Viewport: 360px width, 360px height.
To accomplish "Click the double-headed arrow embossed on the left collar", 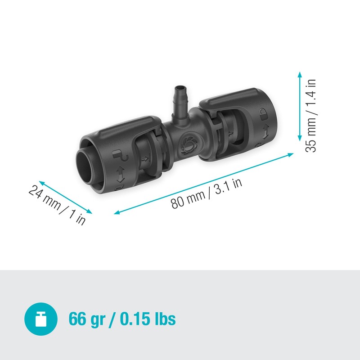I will point(121,174).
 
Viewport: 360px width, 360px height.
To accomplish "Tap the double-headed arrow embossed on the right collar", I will point(265,132).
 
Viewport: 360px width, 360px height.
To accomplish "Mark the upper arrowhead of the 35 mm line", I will point(299,73).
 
